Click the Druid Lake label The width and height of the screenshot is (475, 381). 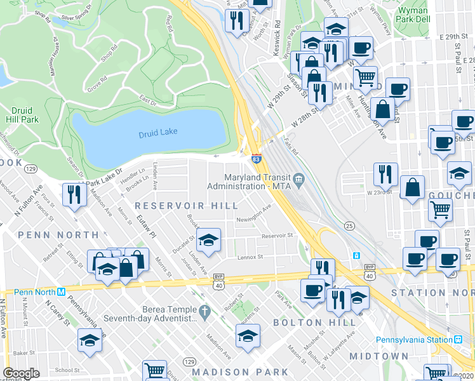pos(158,132)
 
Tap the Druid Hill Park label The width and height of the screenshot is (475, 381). pos(25,115)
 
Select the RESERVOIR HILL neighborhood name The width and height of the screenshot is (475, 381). pos(185,206)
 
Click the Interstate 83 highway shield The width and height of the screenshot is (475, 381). pos(256,159)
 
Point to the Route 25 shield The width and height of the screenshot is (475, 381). pos(349,226)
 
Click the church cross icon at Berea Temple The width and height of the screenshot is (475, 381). pos(204,312)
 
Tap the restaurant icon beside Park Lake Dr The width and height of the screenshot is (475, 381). pos(74,194)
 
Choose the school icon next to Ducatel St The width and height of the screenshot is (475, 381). pos(208,239)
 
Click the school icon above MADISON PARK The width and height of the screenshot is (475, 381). pos(248,336)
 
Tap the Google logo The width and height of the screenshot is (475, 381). pos(21,373)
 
